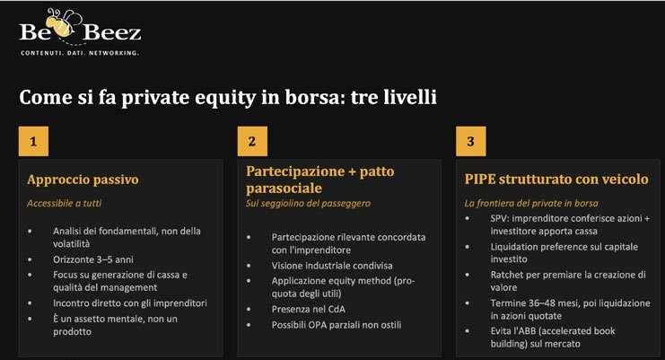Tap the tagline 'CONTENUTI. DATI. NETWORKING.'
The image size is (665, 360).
coord(80,53)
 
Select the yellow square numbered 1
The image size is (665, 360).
coord(33,141)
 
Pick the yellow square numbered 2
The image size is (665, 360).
coord(252,141)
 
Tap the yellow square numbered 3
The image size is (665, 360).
coord(471,141)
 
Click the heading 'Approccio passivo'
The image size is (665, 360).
coord(83,180)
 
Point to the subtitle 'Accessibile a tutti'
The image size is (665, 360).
coord(64,203)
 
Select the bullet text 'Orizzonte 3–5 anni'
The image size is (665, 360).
coord(92,259)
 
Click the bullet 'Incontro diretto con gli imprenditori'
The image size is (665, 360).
coord(130,303)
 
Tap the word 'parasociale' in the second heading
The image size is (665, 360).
coord(284,189)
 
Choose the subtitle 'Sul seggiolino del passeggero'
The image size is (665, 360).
coord(308,204)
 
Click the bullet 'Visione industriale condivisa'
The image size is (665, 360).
coord(332,266)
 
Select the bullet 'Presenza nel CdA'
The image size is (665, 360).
coord(309,310)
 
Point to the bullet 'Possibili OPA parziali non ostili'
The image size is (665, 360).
coord(337,325)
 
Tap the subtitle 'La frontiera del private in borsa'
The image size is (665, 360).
coord(531,204)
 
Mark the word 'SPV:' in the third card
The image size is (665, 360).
coord(500,218)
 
